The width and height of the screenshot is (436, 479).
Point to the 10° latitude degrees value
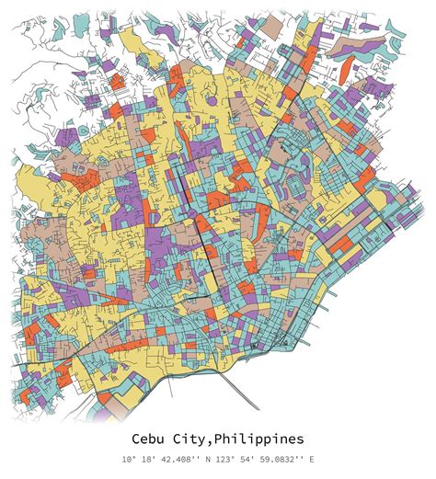click(x=126, y=459)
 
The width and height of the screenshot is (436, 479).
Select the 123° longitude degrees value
click(x=225, y=459)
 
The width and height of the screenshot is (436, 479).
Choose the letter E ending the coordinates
click(x=312, y=459)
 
